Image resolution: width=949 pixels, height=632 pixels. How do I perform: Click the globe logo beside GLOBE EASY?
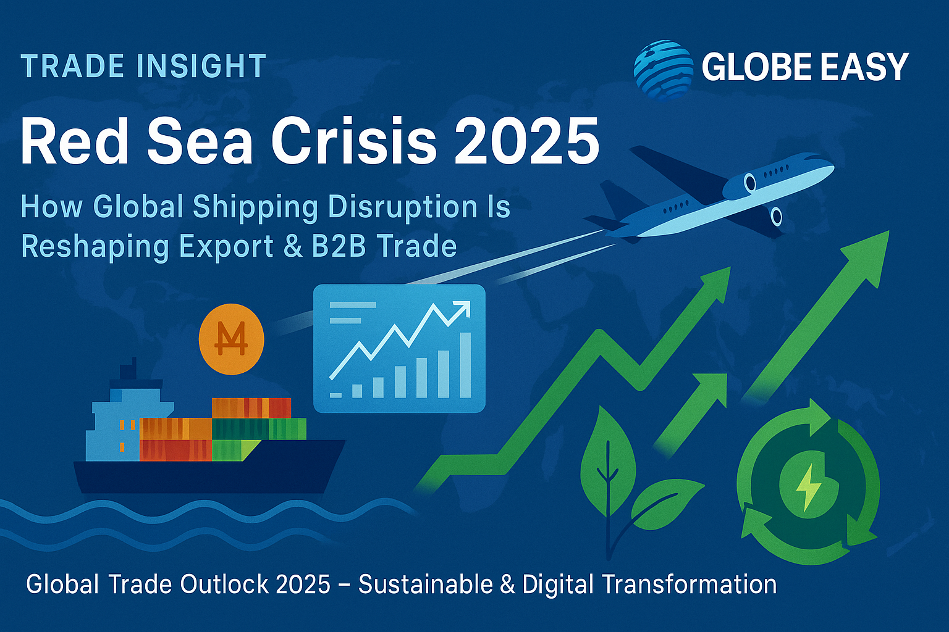(x=664, y=71)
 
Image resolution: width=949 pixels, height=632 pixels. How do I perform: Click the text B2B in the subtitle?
(x=339, y=246)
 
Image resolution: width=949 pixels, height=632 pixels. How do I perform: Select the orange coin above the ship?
(x=231, y=339)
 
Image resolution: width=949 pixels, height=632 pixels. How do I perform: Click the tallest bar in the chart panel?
(x=465, y=365)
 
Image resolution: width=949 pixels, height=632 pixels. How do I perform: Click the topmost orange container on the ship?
(x=251, y=407)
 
